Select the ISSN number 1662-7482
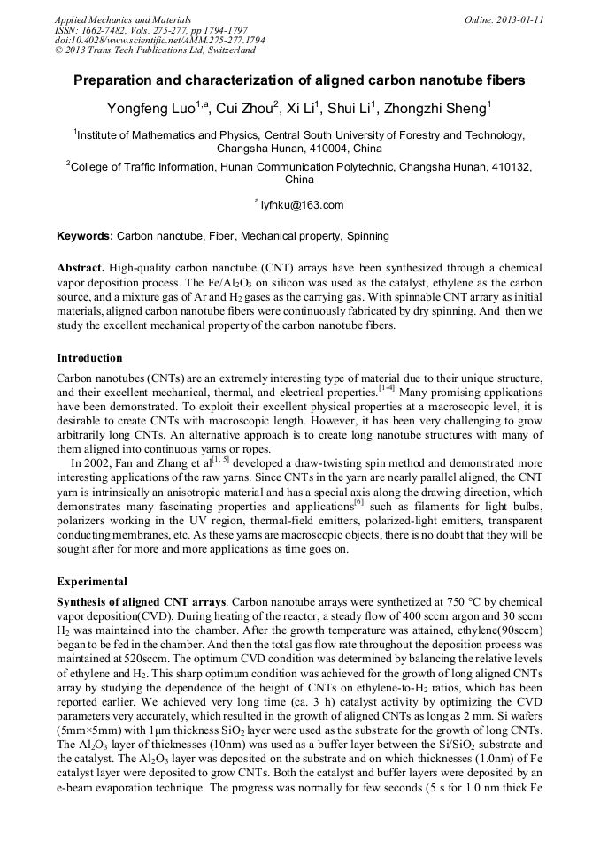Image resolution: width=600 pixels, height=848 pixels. [x=104, y=30]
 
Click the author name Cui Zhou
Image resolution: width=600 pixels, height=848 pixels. [x=245, y=109]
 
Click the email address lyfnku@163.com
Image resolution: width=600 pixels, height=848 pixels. [x=302, y=205]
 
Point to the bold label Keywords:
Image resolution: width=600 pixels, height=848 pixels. [x=85, y=237]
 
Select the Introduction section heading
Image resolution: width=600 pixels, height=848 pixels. [x=89, y=358]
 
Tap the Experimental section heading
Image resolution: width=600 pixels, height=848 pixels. [x=92, y=583]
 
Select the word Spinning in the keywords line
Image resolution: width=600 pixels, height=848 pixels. [x=367, y=237]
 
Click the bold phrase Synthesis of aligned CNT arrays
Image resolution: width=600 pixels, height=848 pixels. [x=140, y=602]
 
